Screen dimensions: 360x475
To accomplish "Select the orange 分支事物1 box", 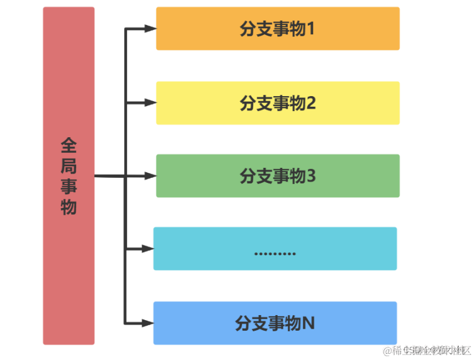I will [277, 29].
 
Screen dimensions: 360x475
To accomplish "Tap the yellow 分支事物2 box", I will [277, 103].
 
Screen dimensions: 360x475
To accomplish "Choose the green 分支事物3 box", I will [277, 176].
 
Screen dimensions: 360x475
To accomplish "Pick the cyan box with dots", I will [275, 248].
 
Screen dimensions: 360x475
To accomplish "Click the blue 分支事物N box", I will [275, 323].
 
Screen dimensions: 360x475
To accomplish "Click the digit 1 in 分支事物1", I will [310, 29].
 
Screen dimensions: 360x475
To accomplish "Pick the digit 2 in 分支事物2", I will [310, 103].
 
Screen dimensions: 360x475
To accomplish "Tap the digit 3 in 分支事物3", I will [310, 177].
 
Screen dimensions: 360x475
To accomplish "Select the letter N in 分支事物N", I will [309, 323].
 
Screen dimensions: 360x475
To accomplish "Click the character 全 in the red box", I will [69, 146].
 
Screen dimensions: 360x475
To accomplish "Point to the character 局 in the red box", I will [69, 167].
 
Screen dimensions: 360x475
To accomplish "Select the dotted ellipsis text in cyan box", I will [275, 253].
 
